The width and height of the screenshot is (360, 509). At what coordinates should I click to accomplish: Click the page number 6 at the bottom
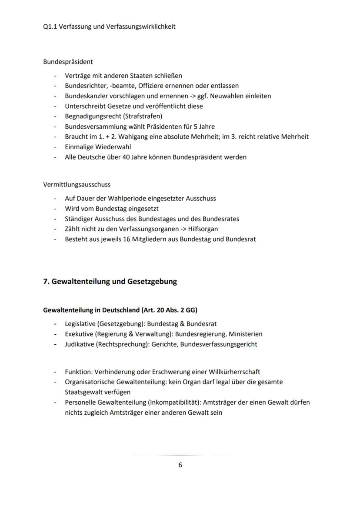pos(180,465)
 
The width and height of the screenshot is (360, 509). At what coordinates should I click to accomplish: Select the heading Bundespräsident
pos(68,62)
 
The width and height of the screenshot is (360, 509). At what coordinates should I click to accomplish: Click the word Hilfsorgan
pos(203,229)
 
